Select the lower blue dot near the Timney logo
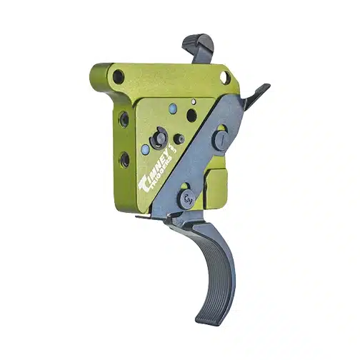[x=146, y=150]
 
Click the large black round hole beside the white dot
[x=191, y=114]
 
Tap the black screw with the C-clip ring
[x=159, y=137]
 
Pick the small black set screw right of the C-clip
[x=181, y=139]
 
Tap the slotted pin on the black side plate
[x=223, y=139]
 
